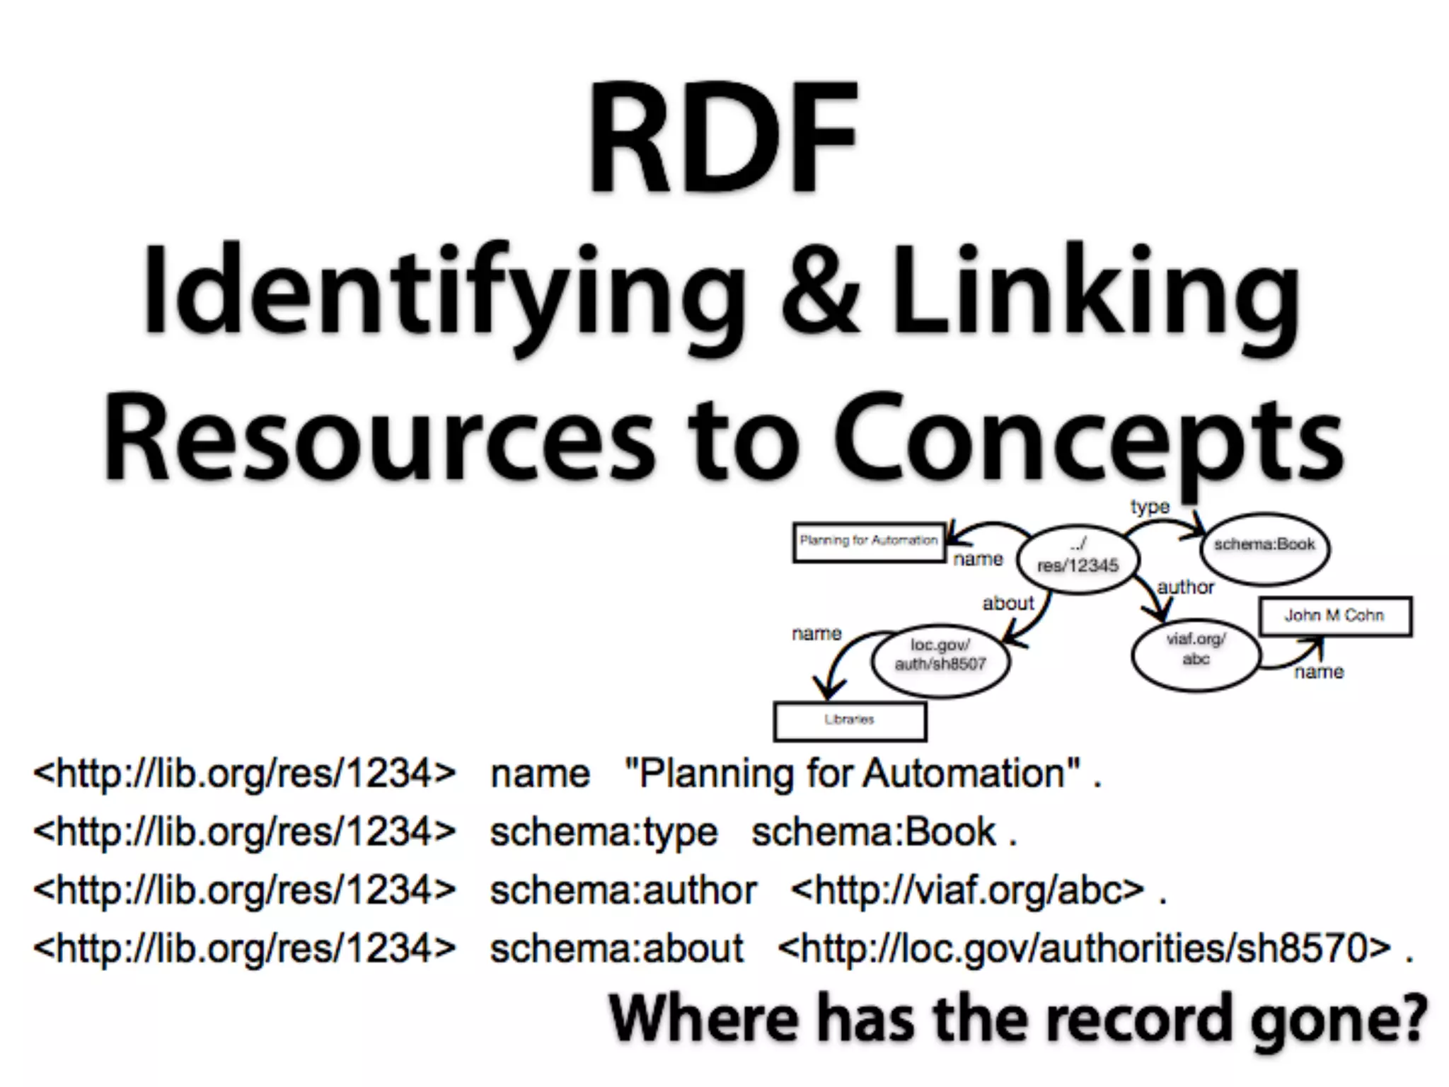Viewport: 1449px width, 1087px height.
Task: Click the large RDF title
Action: [x=723, y=137]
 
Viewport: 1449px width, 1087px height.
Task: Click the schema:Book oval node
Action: [x=1264, y=547]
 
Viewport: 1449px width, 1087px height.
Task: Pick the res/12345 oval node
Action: [x=1078, y=556]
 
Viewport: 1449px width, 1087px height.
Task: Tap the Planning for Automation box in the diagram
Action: [x=868, y=542]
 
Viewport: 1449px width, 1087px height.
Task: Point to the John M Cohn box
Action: [x=1334, y=616]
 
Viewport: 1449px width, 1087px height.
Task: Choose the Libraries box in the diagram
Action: [x=850, y=720]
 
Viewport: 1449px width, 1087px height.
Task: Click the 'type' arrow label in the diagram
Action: [x=1150, y=507]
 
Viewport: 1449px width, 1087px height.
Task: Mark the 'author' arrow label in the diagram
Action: [x=1186, y=587]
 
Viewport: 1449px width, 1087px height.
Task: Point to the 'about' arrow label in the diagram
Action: [x=1008, y=603]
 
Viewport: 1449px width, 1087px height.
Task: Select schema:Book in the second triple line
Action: [x=874, y=832]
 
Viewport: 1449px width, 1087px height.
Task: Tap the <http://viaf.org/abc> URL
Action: [x=967, y=890]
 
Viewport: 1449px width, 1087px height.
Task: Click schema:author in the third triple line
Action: [x=623, y=890]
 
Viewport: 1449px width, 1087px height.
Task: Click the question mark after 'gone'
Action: [x=1411, y=1018]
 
